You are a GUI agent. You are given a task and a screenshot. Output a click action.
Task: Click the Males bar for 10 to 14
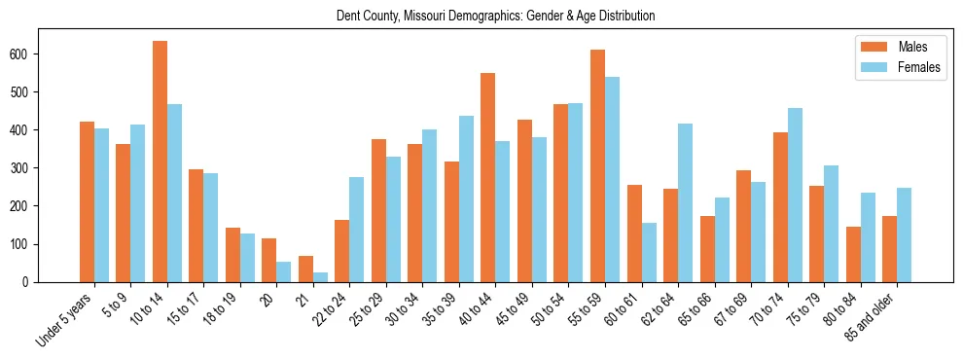(x=160, y=162)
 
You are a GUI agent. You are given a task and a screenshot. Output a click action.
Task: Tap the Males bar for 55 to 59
(x=597, y=165)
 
